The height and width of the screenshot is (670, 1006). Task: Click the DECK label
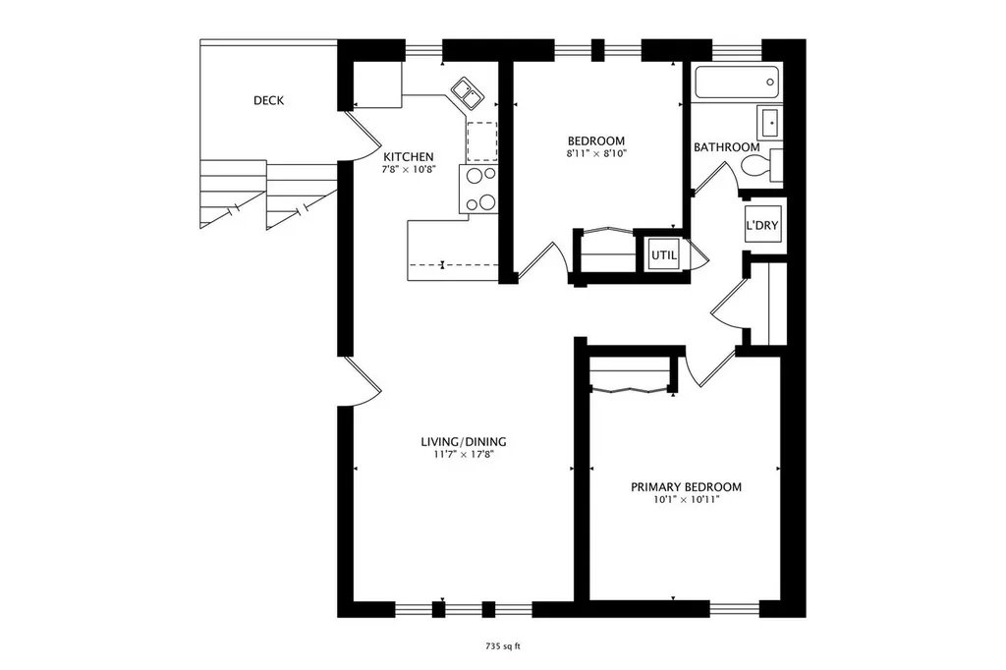point(268,100)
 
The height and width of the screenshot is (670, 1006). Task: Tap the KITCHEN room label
point(408,156)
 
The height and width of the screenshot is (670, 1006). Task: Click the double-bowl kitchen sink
point(467,93)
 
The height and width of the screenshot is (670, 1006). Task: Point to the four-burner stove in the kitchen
point(478,190)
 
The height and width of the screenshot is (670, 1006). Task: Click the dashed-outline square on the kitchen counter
point(481,141)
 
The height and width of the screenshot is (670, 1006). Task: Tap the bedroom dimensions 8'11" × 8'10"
point(596,153)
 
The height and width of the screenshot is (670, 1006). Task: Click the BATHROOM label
point(726,147)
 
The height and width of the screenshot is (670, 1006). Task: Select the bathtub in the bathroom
point(737,83)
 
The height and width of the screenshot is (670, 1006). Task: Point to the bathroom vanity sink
point(769,122)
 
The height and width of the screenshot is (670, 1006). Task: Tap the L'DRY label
point(761,225)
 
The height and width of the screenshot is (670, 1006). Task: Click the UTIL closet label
point(664,254)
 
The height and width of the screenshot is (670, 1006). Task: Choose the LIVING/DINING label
point(464,441)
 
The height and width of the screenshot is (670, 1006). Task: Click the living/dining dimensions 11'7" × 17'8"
point(464,455)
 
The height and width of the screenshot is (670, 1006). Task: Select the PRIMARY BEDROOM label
point(686,487)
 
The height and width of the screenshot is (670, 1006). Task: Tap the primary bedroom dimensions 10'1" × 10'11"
point(686,500)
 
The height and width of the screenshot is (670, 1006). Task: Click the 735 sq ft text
point(502,646)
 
